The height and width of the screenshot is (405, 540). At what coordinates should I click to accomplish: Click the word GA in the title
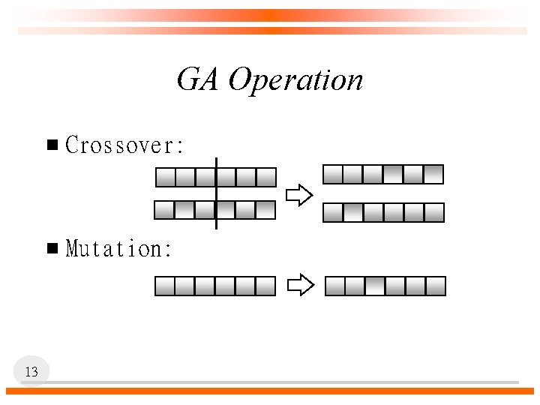[198, 79]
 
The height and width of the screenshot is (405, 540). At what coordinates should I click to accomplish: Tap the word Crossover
[124, 145]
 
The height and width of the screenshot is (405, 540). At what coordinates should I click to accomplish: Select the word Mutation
[119, 248]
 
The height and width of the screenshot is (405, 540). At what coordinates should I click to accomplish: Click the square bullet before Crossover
[52, 145]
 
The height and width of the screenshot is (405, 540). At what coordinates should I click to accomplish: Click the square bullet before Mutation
[52, 248]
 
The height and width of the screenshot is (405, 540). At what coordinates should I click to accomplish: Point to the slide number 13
[31, 371]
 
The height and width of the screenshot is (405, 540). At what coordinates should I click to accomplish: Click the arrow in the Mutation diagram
[301, 286]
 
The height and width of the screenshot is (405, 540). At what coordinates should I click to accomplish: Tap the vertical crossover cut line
[216, 193]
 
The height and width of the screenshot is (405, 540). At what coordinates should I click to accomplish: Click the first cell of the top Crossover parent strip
[165, 178]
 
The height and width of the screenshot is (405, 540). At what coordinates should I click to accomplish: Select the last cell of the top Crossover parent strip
[266, 178]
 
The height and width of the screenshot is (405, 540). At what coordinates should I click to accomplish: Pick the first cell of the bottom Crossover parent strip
[164, 210]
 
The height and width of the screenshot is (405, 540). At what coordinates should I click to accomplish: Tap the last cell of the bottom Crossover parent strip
[265, 210]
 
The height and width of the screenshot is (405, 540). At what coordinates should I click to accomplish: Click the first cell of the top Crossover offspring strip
[333, 175]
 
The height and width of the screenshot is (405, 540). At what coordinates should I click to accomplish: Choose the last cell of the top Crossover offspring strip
[433, 175]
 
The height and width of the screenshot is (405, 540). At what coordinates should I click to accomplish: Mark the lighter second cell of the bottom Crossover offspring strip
[352, 213]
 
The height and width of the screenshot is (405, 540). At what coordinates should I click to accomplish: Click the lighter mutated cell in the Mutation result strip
[375, 286]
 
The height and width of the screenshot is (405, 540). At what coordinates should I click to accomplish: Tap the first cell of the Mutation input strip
[165, 286]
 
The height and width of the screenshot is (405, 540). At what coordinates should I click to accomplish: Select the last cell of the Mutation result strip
[436, 286]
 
